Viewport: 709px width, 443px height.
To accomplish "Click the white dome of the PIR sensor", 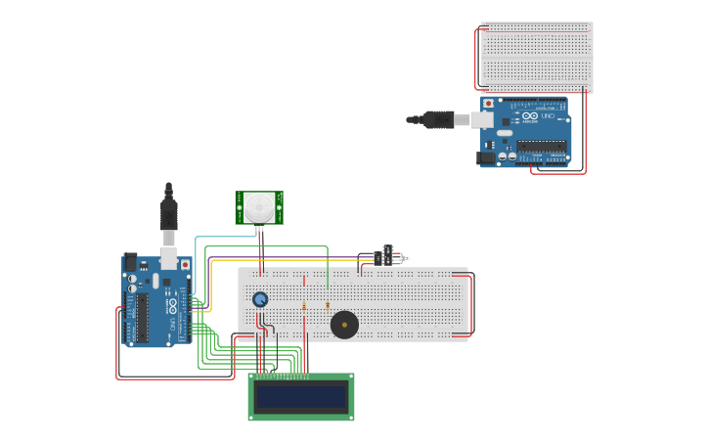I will pyautogui.click(x=259, y=206).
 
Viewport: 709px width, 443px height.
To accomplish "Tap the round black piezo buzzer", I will pyautogui.click(x=344, y=324).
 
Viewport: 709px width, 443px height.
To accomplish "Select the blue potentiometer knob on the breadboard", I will pyautogui.click(x=260, y=299).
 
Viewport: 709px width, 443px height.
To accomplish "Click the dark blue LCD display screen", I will pyautogui.click(x=301, y=397).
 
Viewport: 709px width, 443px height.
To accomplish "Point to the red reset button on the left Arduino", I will pyautogui.click(x=184, y=265).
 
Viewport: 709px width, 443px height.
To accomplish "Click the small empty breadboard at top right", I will pyautogui.click(x=536, y=58).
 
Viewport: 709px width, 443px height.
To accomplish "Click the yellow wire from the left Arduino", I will pyautogui.click(x=212, y=284).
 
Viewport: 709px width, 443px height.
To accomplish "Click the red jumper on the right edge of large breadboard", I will pyautogui.click(x=472, y=305).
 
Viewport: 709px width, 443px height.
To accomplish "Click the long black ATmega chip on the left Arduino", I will pyautogui.click(x=142, y=317).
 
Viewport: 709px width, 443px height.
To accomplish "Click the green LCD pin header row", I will pyautogui.click(x=284, y=376).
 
